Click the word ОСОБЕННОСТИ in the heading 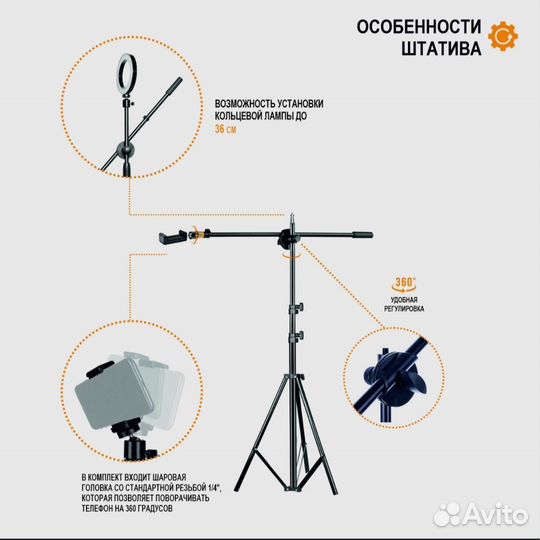click(x=417, y=26)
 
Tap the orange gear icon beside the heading click(x=506, y=38)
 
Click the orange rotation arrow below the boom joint click(x=292, y=257)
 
